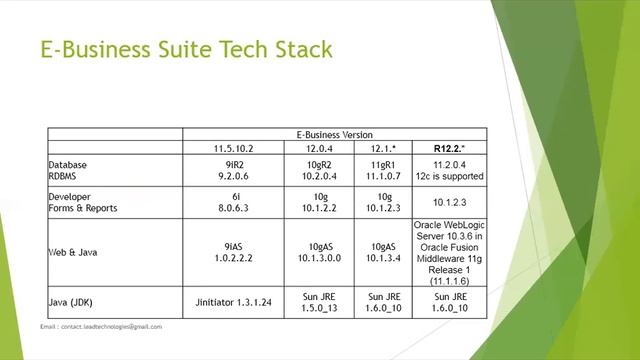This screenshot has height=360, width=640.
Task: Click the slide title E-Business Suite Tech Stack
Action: click(x=185, y=49)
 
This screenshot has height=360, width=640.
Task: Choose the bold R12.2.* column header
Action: click(x=446, y=148)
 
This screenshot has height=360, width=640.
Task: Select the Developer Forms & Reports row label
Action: click(x=84, y=202)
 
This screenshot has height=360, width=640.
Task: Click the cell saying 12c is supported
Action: click(x=446, y=176)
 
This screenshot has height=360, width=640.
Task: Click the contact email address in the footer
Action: click(x=101, y=326)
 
